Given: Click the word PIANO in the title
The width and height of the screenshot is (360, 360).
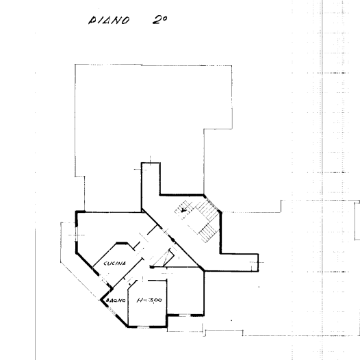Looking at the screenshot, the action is (109, 21).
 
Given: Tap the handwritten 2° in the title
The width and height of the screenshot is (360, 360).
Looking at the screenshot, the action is (159, 20).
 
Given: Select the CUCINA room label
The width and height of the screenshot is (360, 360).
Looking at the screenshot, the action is (115, 263).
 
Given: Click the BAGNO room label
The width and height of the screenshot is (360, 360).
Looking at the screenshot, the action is (116, 300).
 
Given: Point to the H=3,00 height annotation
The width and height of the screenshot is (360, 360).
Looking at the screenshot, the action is (149, 300).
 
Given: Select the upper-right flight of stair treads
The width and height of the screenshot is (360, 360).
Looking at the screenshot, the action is (207, 211).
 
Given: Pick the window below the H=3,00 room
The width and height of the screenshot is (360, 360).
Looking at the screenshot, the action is (143, 326).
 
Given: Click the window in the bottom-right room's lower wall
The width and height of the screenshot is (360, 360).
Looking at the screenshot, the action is (185, 316).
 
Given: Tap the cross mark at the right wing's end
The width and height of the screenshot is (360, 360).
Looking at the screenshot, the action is (258, 262).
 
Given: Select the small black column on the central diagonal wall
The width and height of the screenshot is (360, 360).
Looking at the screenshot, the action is (173, 241).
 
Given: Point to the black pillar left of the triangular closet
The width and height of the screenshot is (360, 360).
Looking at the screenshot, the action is (151, 267).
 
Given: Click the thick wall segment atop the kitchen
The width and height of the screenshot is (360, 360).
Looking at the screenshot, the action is (122, 243).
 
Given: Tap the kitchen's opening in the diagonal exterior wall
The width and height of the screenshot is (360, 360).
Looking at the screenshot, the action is (105, 281).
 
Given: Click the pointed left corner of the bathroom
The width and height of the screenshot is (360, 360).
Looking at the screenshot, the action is (101, 300).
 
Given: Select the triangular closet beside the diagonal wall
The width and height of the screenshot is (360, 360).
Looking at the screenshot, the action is (164, 258).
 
